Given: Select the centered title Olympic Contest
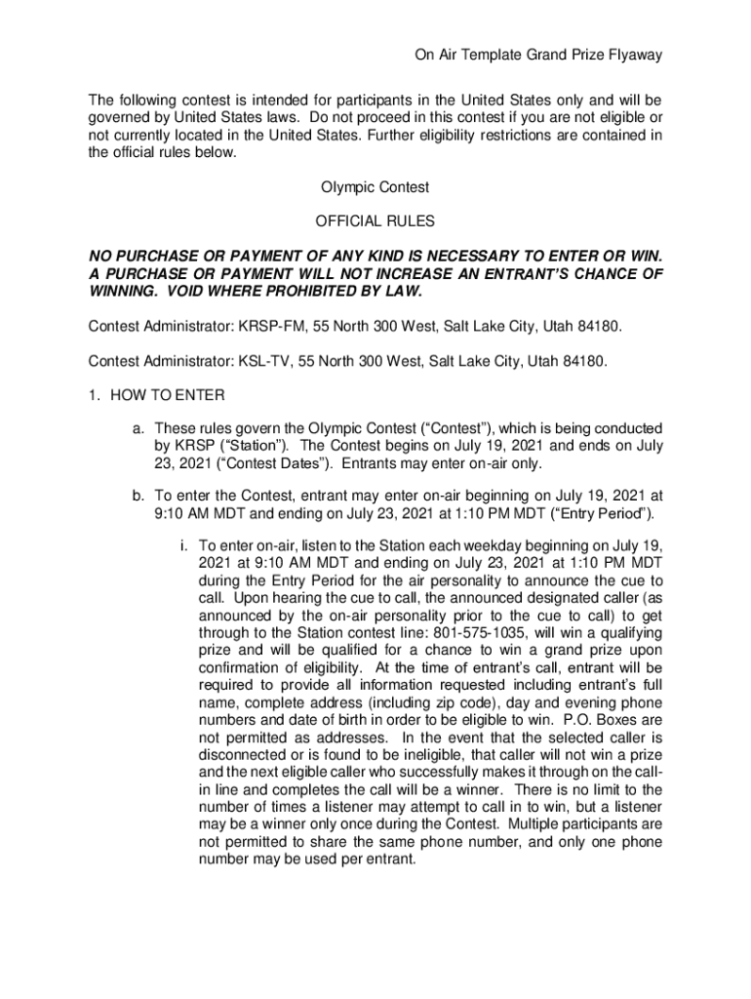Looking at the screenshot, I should coord(375,186).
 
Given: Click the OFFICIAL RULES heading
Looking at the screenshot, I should coord(375,221).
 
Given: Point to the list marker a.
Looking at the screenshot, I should coord(139,428).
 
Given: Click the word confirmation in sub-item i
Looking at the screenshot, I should coord(239,668).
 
